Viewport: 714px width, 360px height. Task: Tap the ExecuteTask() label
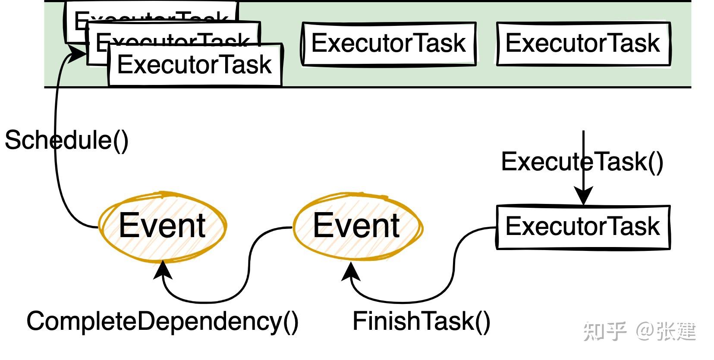coord(582,162)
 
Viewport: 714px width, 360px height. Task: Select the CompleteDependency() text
coord(162,321)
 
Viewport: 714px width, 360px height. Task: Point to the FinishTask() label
coord(421,321)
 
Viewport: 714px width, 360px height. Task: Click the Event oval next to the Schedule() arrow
coord(162,226)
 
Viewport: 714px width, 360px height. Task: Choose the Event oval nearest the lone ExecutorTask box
coord(357,226)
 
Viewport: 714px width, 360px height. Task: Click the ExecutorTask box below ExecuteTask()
coord(583,227)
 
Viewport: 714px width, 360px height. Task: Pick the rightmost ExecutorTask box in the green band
coord(583,44)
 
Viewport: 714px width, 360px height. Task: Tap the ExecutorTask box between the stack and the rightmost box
coord(388,44)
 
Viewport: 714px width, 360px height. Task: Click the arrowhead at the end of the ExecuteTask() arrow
coord(583,196)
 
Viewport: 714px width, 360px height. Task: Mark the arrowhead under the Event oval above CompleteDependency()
coord(163,271)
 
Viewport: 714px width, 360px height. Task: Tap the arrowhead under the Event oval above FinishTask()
coord(351,272)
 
